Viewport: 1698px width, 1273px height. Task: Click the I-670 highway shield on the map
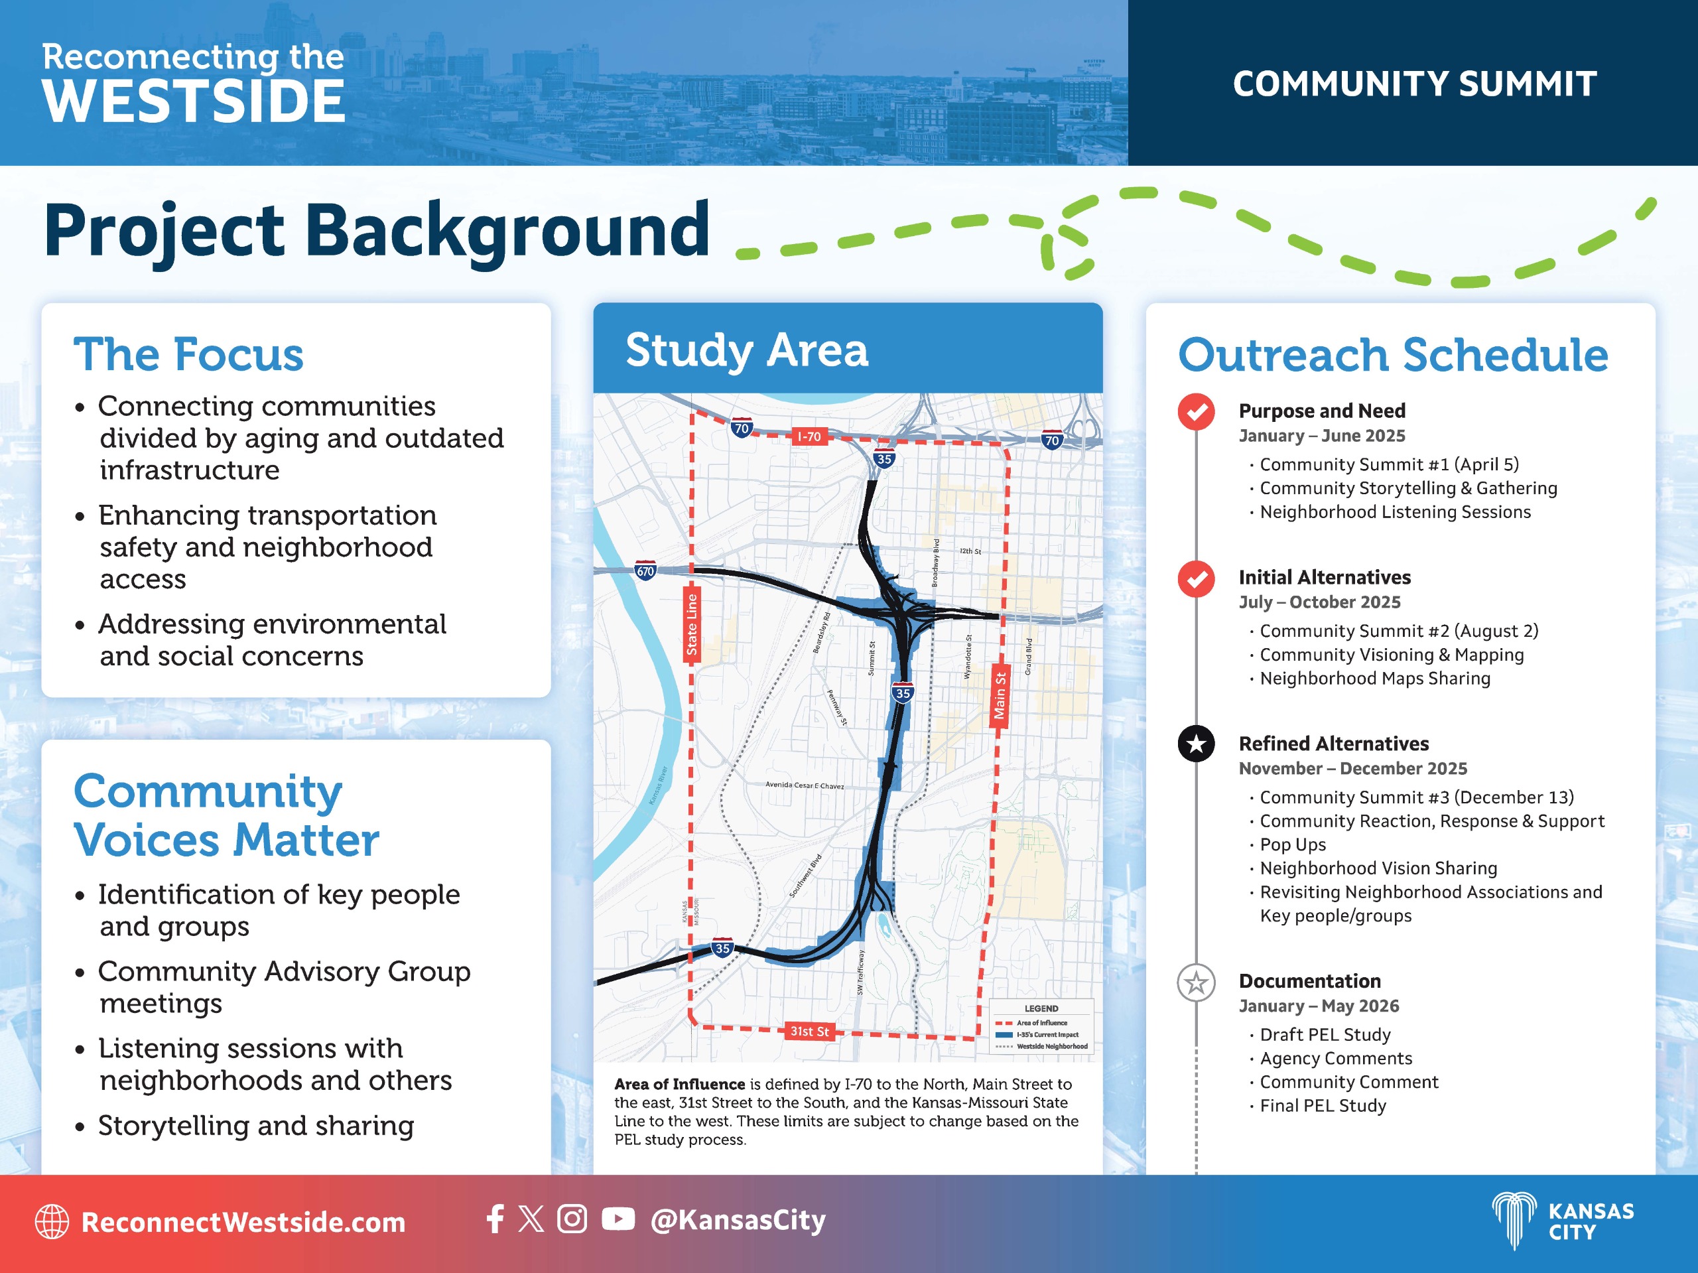pyautogui.click(x=645, y=570)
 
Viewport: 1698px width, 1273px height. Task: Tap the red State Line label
pyautogui.click(x=692, y=624)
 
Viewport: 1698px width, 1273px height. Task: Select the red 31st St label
pyautogui.click(x=809, y=1031)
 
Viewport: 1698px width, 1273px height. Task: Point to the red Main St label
pyautogui.click(x=1000, y=695)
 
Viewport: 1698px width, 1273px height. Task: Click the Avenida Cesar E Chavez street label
pyautogui.click(x=805, y=785)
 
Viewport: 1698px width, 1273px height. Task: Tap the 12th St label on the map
pyautogui.click(x=970, y=551)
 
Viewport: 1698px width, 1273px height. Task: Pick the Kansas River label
pyautogui.click(x=658, y=785)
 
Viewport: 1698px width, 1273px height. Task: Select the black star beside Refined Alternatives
pyautogui.click(x=1196, y=743)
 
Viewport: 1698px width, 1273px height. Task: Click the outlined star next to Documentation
pyautogui.click(x=1196, y=982)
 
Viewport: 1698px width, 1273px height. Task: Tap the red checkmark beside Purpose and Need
pyautogui.click(x=1196, y=411)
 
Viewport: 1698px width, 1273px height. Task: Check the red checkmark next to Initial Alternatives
pyautogui.click(x=1196, y=578)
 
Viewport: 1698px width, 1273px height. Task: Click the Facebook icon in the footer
pyautogui.click(x=495, y=1219)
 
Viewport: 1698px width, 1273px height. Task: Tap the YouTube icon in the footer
pyautogui.click(x=618, y=1219)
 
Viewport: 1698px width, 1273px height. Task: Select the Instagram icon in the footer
pyautogui.click(x=572, y=1219)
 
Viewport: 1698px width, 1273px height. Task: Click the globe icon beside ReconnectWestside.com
pyautogui.click(x=52, y=1221)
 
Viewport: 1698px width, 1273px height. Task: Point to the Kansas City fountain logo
pyautogui.click(x=1514, y=1221)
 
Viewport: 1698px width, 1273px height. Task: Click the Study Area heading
pyautogui.click(x=747, y=351)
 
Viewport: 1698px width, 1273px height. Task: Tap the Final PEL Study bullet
pyautogui.click(x=1323, y=1106)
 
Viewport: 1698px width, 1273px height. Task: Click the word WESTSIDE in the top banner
pyautogui.click(x=194, y=101)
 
